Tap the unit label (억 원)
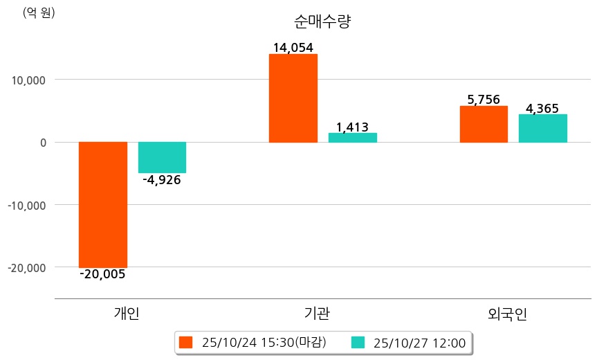(x=39, y=12)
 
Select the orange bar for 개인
(x=103, y=204)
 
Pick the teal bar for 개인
(x=162, y=157)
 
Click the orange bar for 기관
(x=293, y=98)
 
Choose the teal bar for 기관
(x=353, y=138)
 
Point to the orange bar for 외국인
(x=484, y=124)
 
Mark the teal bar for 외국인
(x=543, y=128)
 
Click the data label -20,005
(x=103, y=274)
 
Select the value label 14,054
(x=293, y=48)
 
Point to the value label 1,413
(x=352, y=127)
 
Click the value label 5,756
(x=484, y=100)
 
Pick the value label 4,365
(x=542, y=108)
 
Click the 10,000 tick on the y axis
(x=25, y=80)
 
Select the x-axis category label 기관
(x=317, y=314)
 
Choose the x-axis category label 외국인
(x=507, y=314)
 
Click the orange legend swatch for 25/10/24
(x=185, y=342)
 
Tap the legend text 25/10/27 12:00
(x=419, y=342)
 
